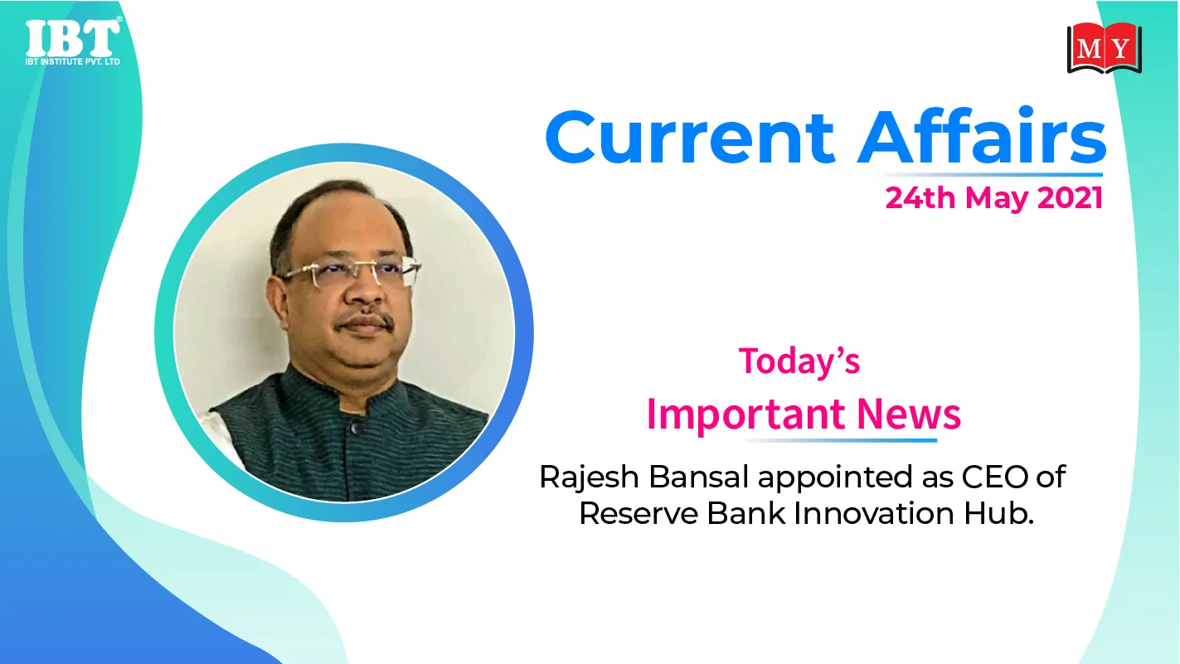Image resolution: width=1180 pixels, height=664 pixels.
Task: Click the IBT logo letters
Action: [x=73, y=38]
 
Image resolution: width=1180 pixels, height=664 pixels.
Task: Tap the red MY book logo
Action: [x=1105, y=48]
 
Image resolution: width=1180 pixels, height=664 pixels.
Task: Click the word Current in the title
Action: [x=690, y=138]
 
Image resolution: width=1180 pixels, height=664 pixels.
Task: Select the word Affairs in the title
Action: [x=982, y=135]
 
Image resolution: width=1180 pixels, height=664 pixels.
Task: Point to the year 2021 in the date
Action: [x=1070, y=198]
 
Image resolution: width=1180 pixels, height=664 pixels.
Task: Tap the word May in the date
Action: [x=996, y=200]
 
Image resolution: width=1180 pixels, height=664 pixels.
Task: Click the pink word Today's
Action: [x=799, y=361]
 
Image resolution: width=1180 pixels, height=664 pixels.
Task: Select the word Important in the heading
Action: [x=747, y=415]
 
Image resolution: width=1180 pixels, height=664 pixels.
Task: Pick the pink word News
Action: [x=909, y=414]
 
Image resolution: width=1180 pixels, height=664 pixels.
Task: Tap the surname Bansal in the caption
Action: [x=698, y=477]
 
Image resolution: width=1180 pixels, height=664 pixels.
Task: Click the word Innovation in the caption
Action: [x=873, y=513]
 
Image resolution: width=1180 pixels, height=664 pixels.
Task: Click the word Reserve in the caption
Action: [x=639, y=513]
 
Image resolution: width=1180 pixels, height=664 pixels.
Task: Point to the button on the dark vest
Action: [x=356, y=428]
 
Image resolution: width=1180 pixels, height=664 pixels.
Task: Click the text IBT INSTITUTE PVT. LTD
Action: [x=73, y=61]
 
